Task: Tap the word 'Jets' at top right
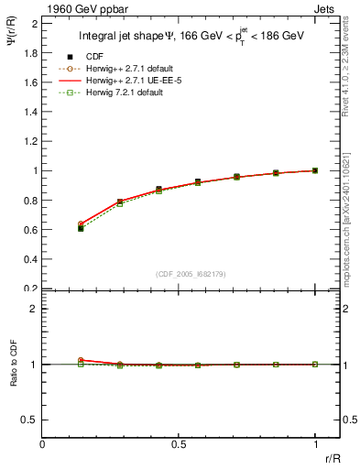(x=324, y=8)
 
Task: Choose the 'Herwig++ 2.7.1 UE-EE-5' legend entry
(x=131, y=80)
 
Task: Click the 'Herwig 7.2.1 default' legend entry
(x=124, y=93)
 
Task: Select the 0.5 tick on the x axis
(x=180, y=445)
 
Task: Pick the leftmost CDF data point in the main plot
(x=81, y=228)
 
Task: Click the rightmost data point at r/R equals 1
(x=315, y=170)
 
